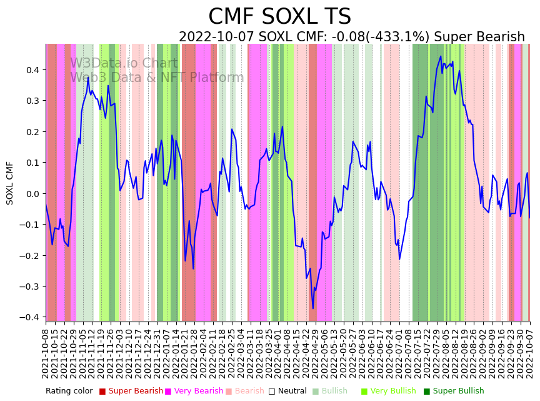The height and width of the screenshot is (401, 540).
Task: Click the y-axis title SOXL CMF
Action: point(10,183)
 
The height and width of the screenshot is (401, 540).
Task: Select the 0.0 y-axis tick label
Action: point(32,193)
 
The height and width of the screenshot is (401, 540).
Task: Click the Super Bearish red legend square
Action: point(102,392)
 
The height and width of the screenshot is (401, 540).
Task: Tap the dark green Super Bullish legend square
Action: point(427,392)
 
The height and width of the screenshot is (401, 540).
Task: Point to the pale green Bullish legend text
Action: point(334,392)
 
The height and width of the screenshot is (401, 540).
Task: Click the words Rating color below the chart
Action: point(69,392)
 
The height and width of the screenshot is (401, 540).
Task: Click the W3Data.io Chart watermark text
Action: point(124,64)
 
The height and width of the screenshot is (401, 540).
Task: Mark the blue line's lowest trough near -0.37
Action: point(313,308)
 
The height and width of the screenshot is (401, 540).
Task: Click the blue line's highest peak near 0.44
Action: point(441,56)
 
